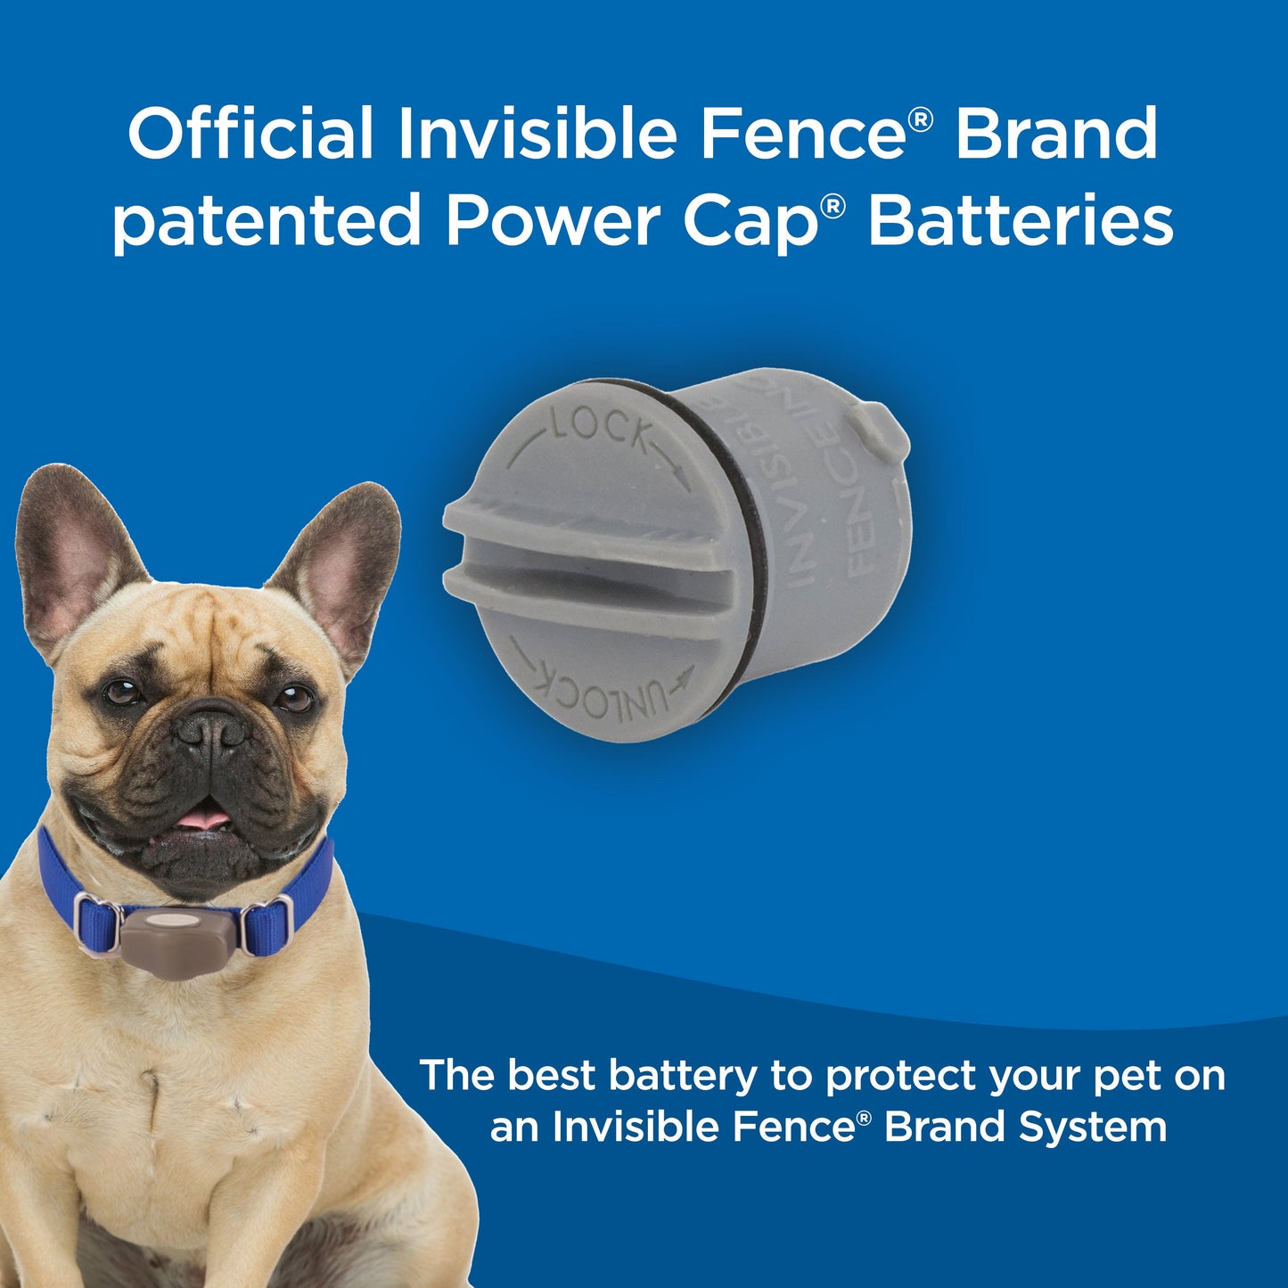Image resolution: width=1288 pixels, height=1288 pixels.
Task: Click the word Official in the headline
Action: point(250,134)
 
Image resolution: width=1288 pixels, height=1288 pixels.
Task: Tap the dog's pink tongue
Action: point(205,816)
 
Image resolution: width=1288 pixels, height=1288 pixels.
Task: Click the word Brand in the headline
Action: point(1056,134)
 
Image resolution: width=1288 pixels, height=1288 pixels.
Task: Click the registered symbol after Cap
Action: point(832,208)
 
